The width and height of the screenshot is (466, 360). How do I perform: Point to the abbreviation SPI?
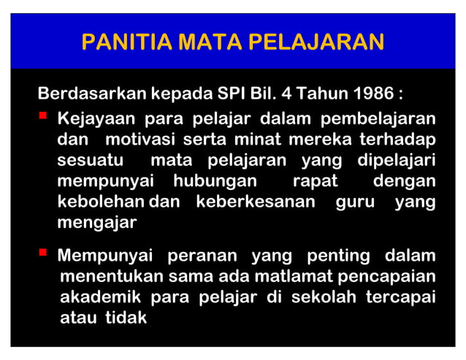(234, 95)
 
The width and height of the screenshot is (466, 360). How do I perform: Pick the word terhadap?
(402, 139)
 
